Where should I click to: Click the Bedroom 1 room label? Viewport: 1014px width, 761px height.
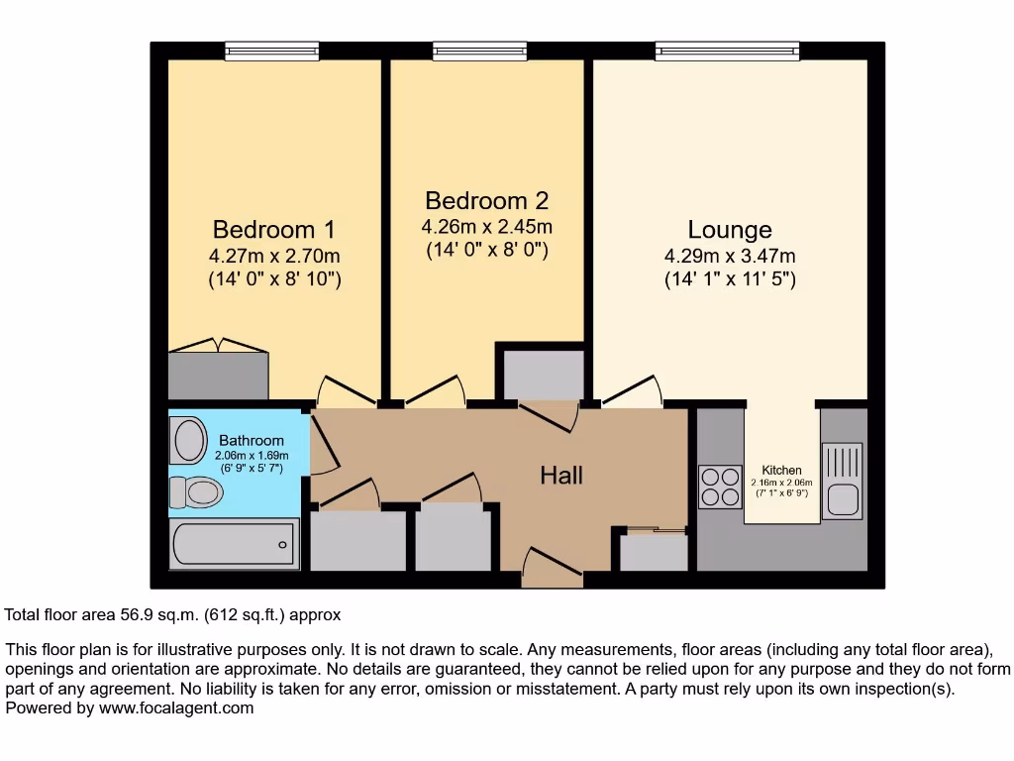(274, 230)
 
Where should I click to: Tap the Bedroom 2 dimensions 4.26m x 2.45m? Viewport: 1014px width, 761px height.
(487, 227)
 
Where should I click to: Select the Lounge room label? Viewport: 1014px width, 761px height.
(730, 231)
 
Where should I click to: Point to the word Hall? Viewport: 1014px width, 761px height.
(561, 476)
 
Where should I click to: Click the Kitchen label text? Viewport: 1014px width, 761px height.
(781, 470)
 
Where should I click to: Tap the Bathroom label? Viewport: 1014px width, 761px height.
(252, 440)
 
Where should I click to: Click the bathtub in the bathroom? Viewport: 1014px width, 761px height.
(235, 545)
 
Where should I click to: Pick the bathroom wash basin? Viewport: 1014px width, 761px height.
(186, 439)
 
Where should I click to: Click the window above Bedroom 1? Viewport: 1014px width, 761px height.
(271, 51)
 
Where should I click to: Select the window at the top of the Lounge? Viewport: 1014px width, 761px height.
(727, 51)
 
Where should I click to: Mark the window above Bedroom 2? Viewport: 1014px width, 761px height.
(479, 51)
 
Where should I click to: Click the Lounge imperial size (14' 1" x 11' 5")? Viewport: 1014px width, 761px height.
(730, 279)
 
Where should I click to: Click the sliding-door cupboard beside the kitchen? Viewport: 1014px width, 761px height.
(654, 551)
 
